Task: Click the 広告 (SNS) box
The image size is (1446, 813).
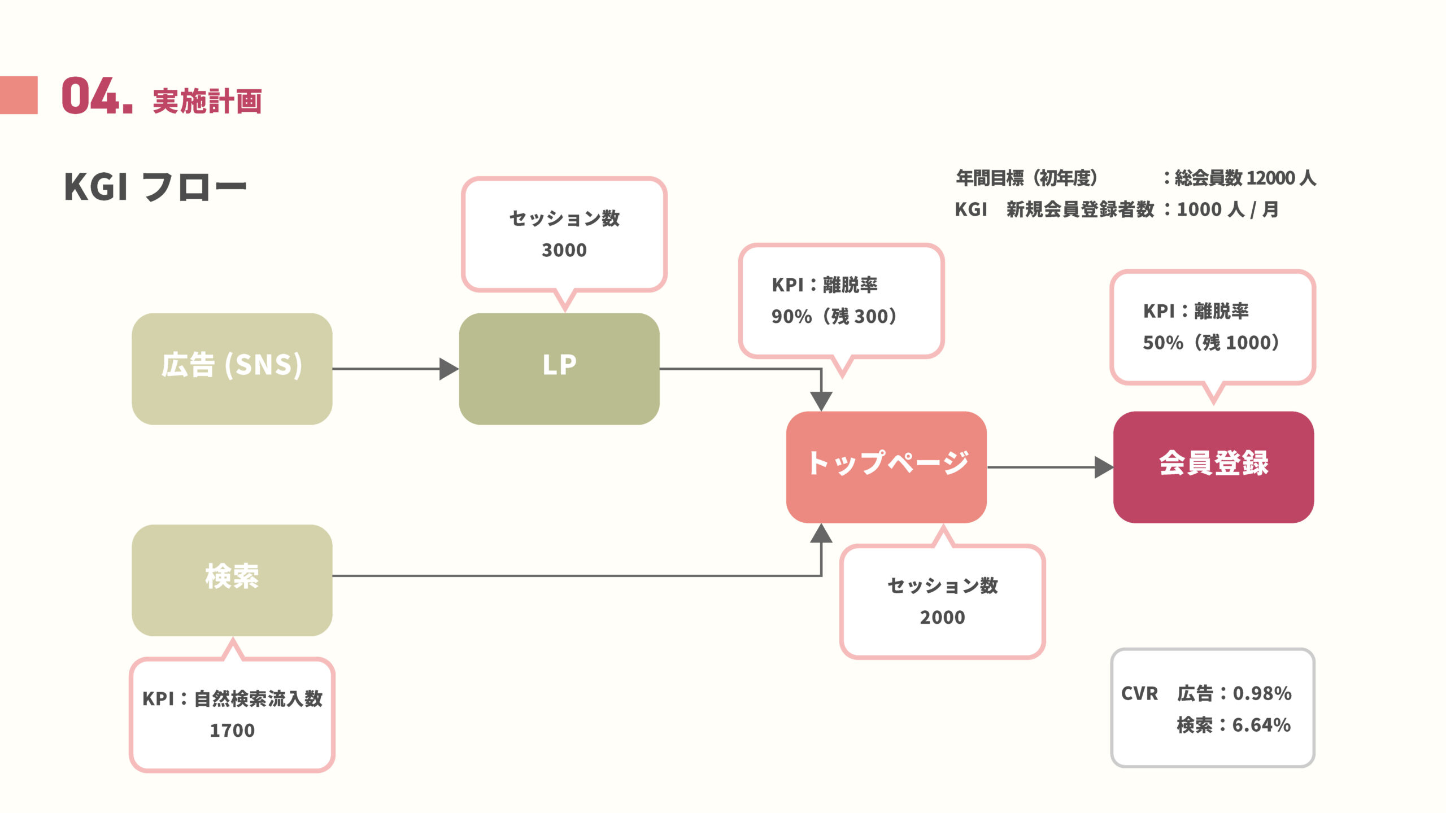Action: point(232,369)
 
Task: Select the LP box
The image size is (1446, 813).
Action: point(559,369)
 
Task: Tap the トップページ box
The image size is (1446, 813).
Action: point(886,467)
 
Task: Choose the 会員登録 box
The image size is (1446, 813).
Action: point(1213,467)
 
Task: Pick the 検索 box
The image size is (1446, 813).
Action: point(232,580)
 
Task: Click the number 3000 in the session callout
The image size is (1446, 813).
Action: point(564,250)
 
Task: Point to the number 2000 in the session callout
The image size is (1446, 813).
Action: point(942,618)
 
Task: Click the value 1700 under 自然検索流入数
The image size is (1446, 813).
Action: point(232,731)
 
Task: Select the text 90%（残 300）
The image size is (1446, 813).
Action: point(834,317)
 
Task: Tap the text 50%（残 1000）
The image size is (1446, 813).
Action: point(1211,343)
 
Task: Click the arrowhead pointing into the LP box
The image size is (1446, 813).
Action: point(449,369)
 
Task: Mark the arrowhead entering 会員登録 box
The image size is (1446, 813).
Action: point(1104,467)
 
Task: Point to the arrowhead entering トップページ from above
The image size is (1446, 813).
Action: point(821,401)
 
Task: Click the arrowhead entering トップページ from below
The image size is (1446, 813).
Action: point(821,534)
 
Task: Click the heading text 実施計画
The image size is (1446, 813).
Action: point(207,102)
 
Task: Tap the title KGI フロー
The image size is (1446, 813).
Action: point(155,187)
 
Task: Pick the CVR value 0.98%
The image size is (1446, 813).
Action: point(1262,693)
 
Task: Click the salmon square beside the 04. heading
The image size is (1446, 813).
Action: point(19,95)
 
